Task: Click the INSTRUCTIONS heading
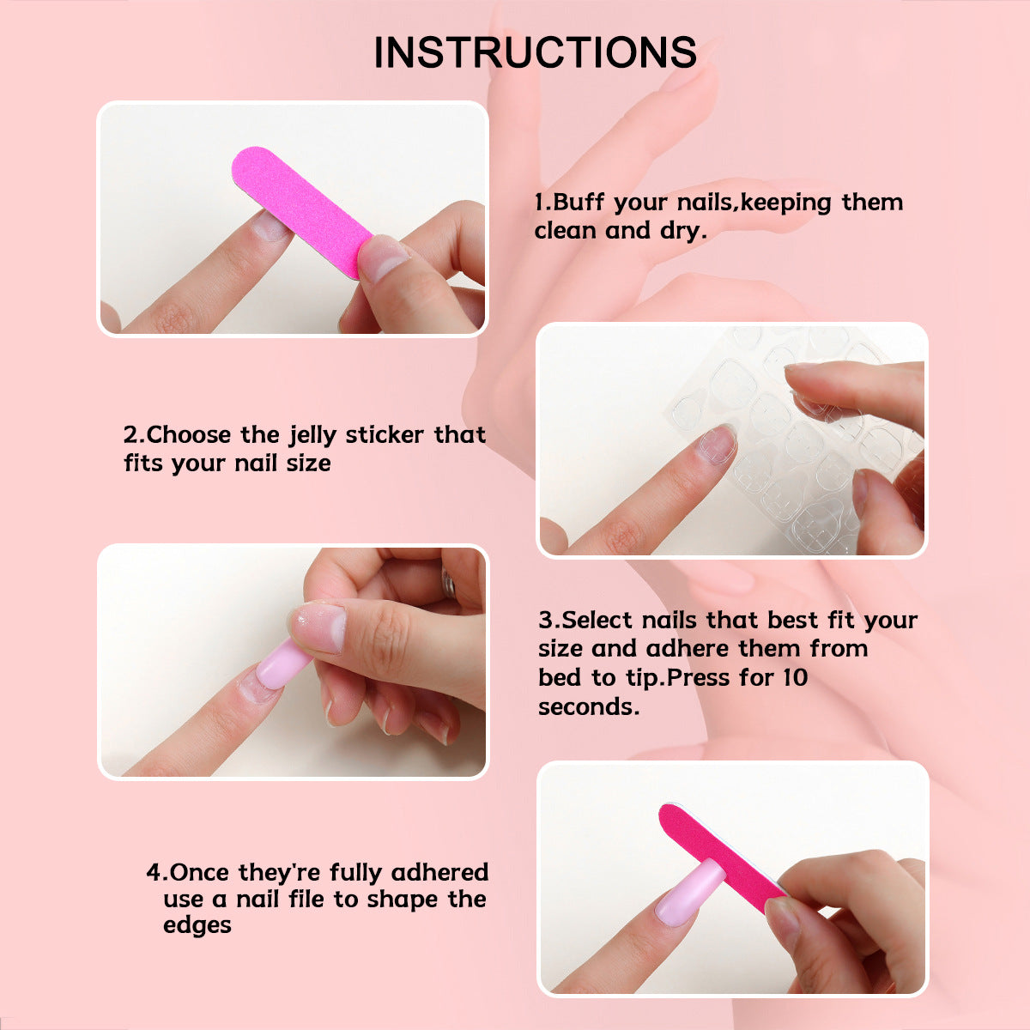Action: (535, 52)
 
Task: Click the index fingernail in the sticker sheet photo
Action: (716, 445)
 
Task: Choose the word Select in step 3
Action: (598, 620)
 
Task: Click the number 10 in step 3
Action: (795, 677)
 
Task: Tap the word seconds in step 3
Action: (588, 706)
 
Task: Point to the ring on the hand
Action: (448, 584)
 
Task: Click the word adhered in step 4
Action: (439, 872)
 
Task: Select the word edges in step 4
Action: (197, 925)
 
